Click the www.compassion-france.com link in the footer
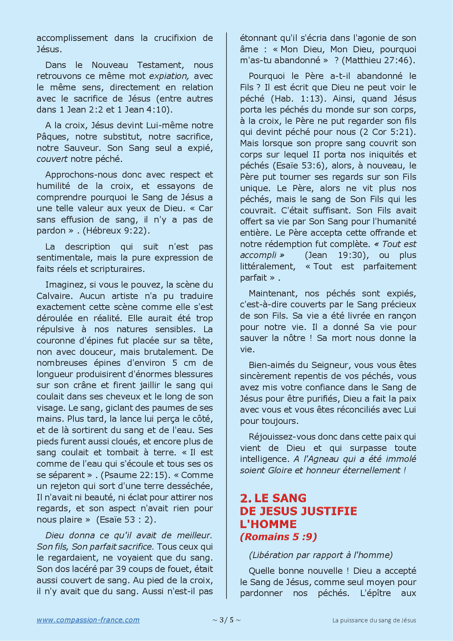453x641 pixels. click(x=88, y=620)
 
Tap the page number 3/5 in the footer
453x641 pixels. click(x=226, y=620)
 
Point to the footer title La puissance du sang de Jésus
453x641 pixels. click(x=374, y=620)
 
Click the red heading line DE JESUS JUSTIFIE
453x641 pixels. click(x=298, y=511)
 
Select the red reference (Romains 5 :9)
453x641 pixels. click(x=278, y=536)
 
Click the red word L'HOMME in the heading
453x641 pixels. click(x=268, y=524)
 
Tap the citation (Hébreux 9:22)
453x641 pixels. click(x=116, y=231)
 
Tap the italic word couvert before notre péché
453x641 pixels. click(x=52, y=159)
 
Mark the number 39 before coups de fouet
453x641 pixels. click(x=121, y=569)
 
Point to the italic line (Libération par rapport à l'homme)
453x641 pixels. click(x=320, y=555)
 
